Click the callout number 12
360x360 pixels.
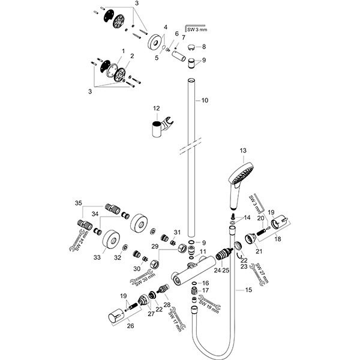pos(157,109)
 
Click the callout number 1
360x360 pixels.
pos(122,52)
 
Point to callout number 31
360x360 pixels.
pos(177,232)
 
